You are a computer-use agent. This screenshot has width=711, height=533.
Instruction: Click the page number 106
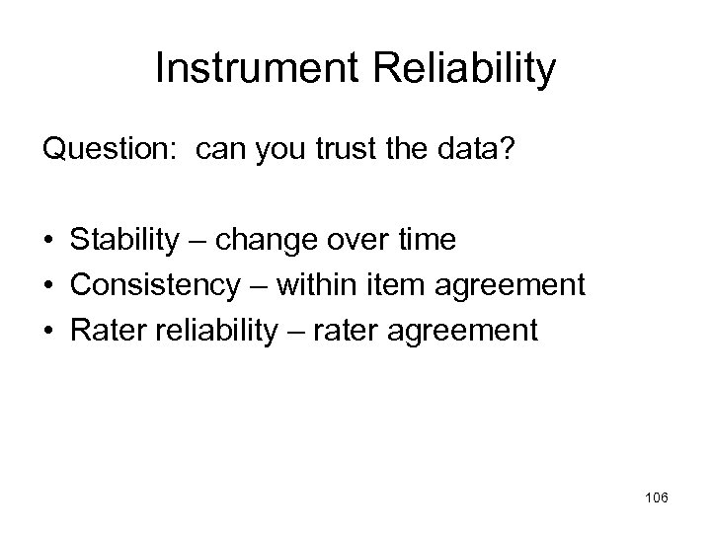tap(654, 498)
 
